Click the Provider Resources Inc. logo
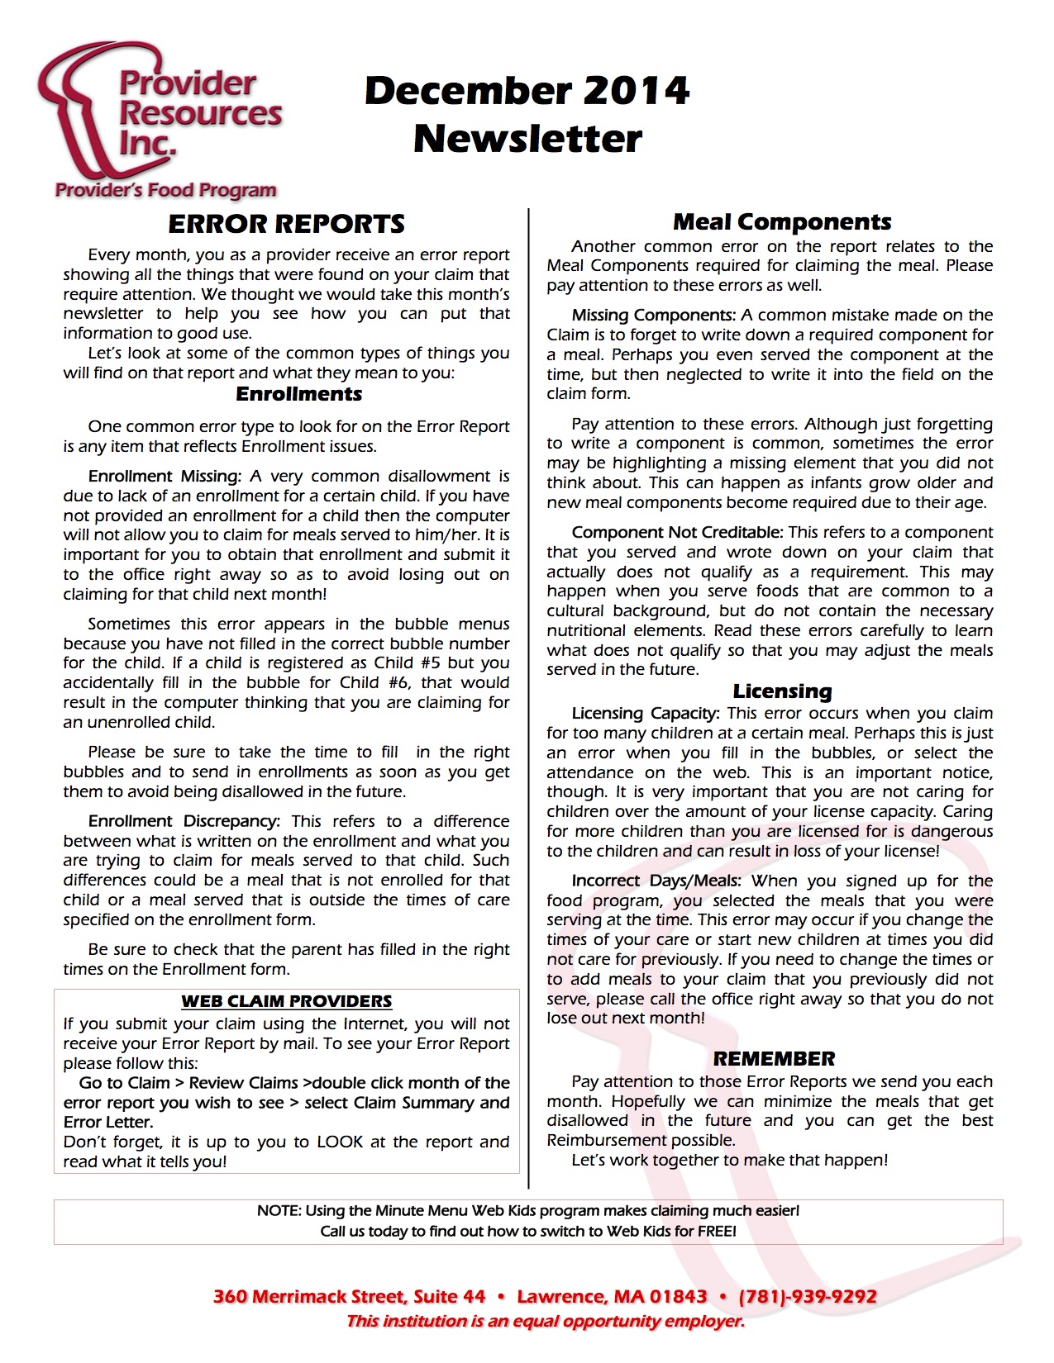[x=161, y=120]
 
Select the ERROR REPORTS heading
[x=286, y=224]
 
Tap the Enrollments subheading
[x=298, y=394]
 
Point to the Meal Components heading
[x=782, y=221]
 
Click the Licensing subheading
[x=782, y=691]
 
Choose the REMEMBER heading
[x=774, y=1059]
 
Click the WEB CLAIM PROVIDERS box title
[x=286, y=1001]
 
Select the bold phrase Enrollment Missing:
[x=165, y=477]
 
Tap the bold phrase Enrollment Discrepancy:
[x=184, y=821]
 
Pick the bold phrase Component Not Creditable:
[x=677, y=533]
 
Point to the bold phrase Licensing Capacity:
[x=646, y=714]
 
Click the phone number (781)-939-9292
[x=808, y=1296]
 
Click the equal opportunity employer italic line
[x=546, y=1322]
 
